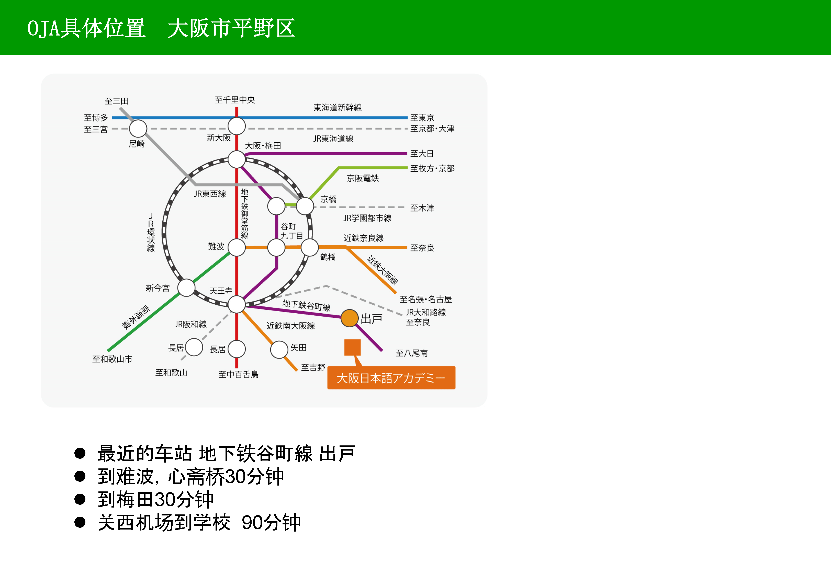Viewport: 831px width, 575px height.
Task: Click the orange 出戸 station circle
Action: [349, 318]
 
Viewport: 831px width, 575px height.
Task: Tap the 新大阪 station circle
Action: [237, 126]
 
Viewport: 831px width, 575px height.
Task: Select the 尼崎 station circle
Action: [138, 128]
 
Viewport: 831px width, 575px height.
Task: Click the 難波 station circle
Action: [237, 248]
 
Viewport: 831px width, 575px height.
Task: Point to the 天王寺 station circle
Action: [237, 304]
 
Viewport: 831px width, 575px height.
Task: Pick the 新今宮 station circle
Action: [186, 287]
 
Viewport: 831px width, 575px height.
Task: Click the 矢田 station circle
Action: [279, 349]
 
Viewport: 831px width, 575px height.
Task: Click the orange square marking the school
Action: [352, 347]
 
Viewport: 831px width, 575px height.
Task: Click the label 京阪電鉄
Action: [363, 178]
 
